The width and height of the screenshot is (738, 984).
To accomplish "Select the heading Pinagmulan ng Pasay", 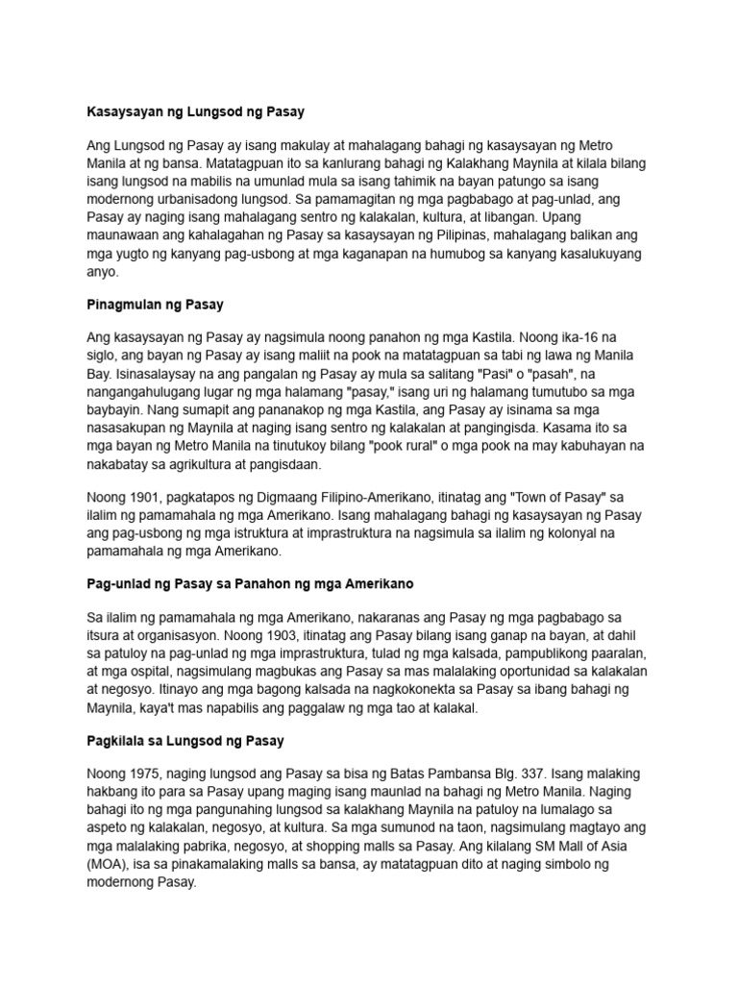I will click(x=155, y=305).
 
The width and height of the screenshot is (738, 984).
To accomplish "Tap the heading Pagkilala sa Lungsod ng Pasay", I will click(x=184, y=742).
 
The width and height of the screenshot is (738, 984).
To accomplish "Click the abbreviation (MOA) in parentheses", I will click(x=108, y=866).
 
